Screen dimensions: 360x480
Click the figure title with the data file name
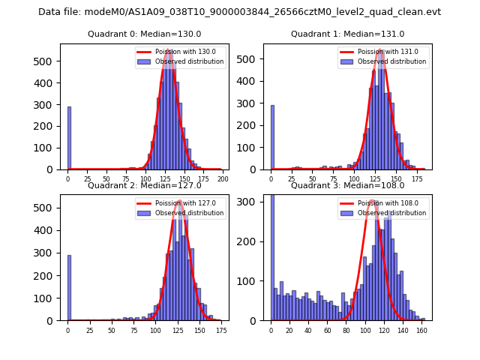click(x=239, y=12)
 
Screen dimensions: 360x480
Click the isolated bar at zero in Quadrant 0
click(x=69, y=138)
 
